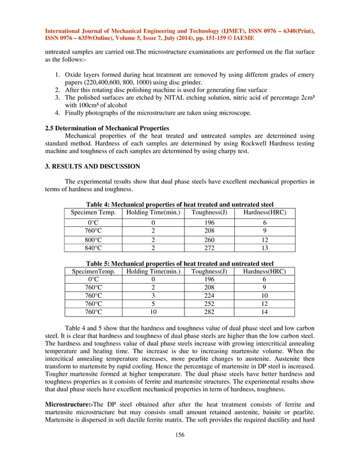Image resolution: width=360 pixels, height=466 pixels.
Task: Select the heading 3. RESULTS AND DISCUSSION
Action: (x=88, y=166)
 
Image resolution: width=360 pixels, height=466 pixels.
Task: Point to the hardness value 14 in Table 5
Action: (x=264, y=312)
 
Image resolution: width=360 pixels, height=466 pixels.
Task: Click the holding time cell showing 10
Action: (x=153, y=312)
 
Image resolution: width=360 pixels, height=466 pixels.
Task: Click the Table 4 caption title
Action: (x=179, y=204)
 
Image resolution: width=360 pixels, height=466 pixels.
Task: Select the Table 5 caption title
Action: (x=179, y=263)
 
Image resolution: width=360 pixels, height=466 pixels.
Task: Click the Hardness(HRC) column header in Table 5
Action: (x=264, y=271)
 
